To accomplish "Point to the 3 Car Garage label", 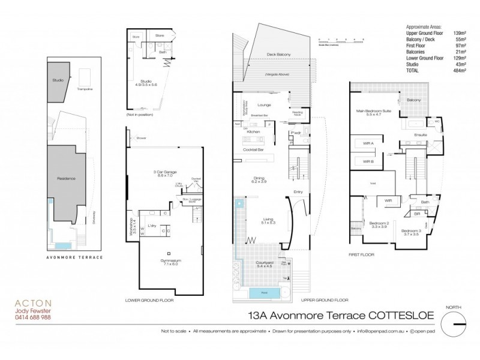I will coord(163,172).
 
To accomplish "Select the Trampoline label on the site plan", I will coord(86,88).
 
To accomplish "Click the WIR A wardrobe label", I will coord(368,143).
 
